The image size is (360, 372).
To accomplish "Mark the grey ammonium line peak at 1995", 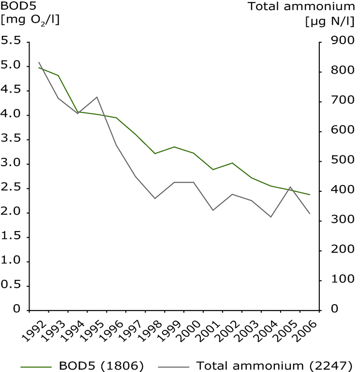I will click(x=97, y=97).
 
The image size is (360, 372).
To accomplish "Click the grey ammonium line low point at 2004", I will click(x=271, y=217).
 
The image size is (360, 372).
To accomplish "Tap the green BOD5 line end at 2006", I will click(x=309, y=195).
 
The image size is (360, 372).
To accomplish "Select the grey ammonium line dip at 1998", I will click(x=155, y=199).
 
